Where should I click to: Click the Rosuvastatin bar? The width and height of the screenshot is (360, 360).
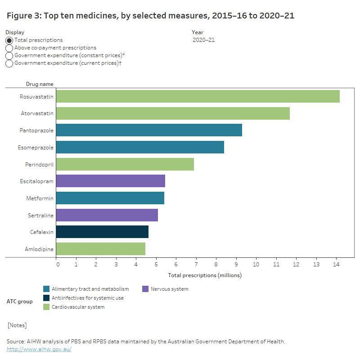[x=198, y=96]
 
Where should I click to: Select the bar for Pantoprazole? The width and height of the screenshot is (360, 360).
[x=149, y=130]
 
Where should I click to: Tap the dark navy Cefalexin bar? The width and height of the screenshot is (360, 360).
[x=102, y=232]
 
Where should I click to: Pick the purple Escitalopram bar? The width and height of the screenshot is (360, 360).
[x=111, y=181]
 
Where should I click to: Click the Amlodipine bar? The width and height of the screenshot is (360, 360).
[x=101, y=249]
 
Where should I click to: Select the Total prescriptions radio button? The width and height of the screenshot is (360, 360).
[x=9, y=40]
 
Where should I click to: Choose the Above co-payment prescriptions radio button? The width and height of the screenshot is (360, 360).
[x=9, y=48]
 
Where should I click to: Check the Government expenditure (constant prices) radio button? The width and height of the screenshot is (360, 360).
[x=9, y=56]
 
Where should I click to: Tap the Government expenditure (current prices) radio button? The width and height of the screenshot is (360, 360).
[x=9, y=63]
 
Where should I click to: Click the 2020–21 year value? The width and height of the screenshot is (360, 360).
[x=203, y=40]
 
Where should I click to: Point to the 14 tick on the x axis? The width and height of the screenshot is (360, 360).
[x=336, y=265]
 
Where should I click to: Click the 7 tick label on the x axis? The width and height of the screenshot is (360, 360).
[x=196, y=265]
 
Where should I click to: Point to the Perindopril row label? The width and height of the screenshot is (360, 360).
[x=40, y=164]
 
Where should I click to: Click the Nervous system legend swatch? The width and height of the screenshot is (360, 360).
[x=145, y=289]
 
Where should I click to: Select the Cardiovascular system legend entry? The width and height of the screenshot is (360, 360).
[x=78, y=307]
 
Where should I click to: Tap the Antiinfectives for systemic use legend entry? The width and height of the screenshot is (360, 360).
[x=87, y=298]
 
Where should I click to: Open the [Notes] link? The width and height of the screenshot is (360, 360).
[x=17, y=325]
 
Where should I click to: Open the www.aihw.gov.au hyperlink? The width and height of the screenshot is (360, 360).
[x=39, y=349]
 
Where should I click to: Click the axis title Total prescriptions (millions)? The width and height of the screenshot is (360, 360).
[x=205, y=275]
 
